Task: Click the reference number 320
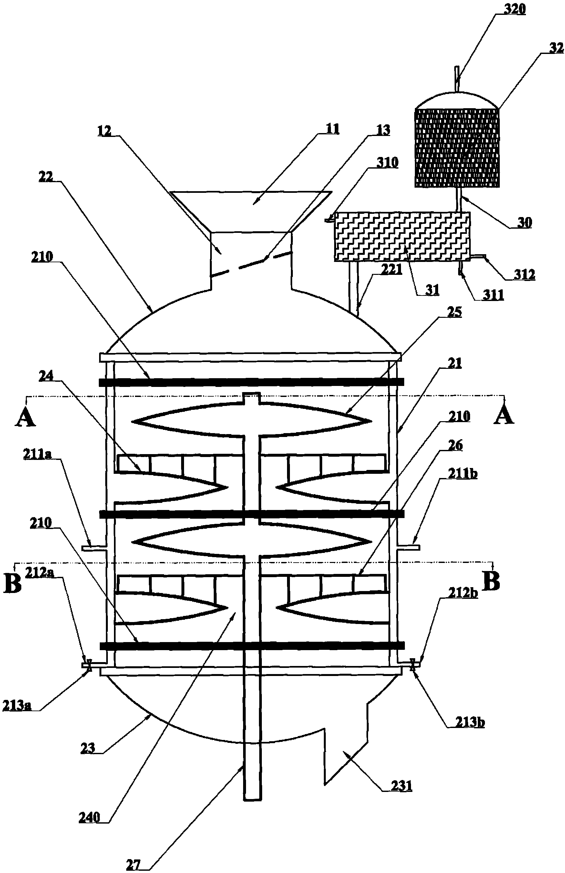click(514, 9)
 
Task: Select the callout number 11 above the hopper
click(332, 129)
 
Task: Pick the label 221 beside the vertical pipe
click(391, 270)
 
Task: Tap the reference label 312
click(524, 275)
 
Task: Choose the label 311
click(492, 295)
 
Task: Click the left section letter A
click(25, 417)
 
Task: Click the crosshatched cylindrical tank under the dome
click(457, 148)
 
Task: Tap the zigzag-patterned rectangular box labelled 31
click(402, 237)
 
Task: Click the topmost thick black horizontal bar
click(252, 382)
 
